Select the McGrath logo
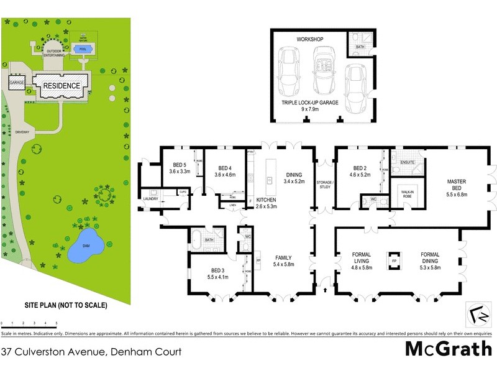tap(448, 349)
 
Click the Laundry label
tap(151, 199)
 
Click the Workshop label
tap(311, 39)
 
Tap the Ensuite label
tap(407, 162)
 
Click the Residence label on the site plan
tap(61, 85)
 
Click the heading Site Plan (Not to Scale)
tap(66, 305)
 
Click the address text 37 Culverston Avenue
tap(91, 352)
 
